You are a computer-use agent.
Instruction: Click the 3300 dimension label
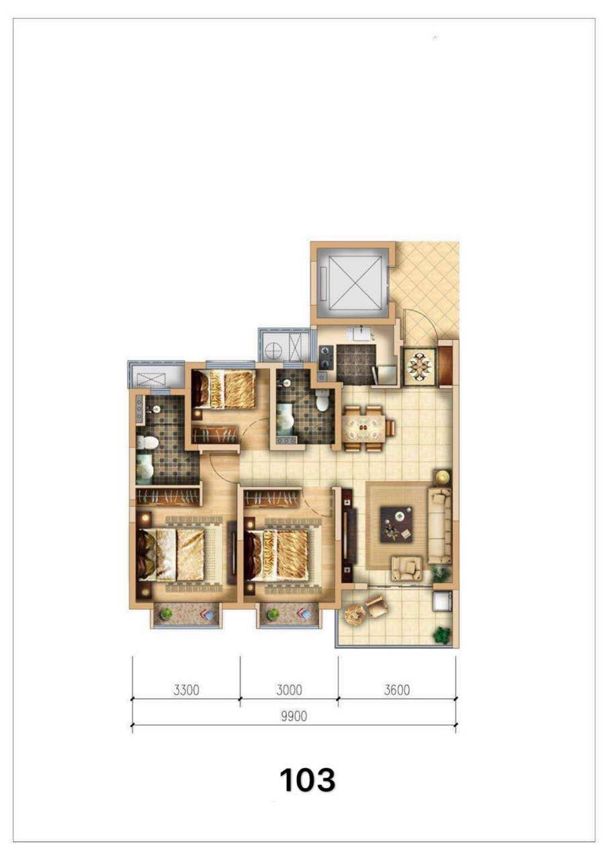[x=186, y=690]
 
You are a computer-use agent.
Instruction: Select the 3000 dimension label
[x=289, y=690]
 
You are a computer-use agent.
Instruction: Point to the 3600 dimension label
[x=397, y=690]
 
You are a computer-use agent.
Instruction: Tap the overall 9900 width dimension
[x=294, y=716]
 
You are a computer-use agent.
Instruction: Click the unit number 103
[x=308, y=780]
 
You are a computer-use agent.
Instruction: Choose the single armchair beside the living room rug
[x=406, y=568]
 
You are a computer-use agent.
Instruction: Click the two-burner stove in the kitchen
[x=325, y=357]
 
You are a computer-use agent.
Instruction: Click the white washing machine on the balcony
[x=443, y=601]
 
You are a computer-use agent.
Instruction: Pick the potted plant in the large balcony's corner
[x=441, y=635]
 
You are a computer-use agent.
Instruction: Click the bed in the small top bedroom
[x=224, y=388]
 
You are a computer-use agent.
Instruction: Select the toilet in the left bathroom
[x=146, y=443]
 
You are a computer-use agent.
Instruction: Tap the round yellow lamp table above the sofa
[x=443, y=476]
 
